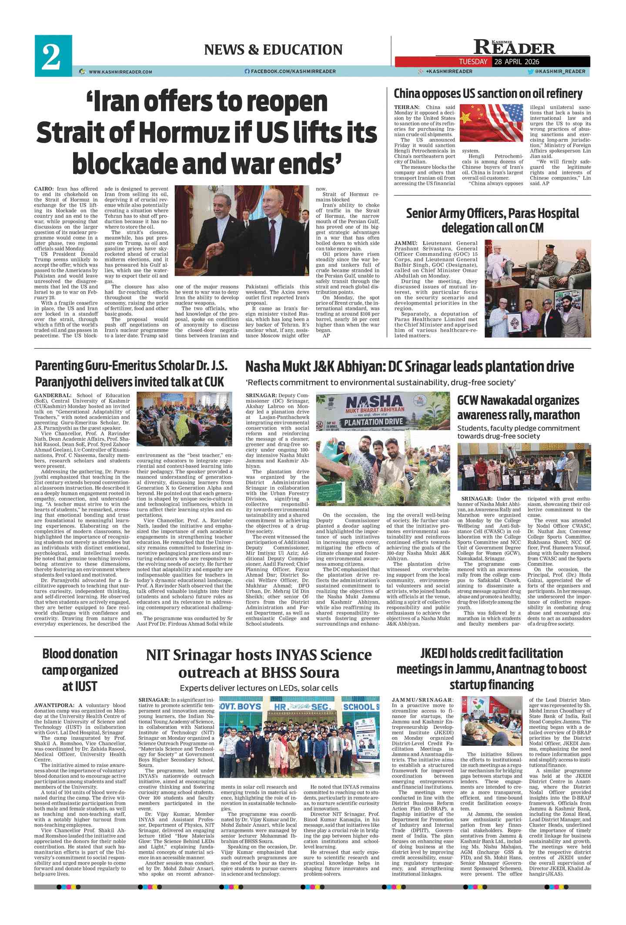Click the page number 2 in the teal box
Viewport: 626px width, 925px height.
point(51,57)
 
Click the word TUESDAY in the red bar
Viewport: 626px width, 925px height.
point(473,62)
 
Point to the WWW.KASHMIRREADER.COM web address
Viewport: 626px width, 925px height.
point(121,72)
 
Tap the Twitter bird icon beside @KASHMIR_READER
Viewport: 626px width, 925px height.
point(530,72)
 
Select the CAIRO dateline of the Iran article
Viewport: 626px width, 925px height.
point(44,189)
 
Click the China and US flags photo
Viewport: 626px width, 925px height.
point(491,123)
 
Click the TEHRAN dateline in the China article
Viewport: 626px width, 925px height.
point(406,107)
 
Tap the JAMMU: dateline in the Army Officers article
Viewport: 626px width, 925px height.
point(406,243)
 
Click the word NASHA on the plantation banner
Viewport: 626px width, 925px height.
point(374,402)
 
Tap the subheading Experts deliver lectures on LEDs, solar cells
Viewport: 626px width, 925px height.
point(258,688)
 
